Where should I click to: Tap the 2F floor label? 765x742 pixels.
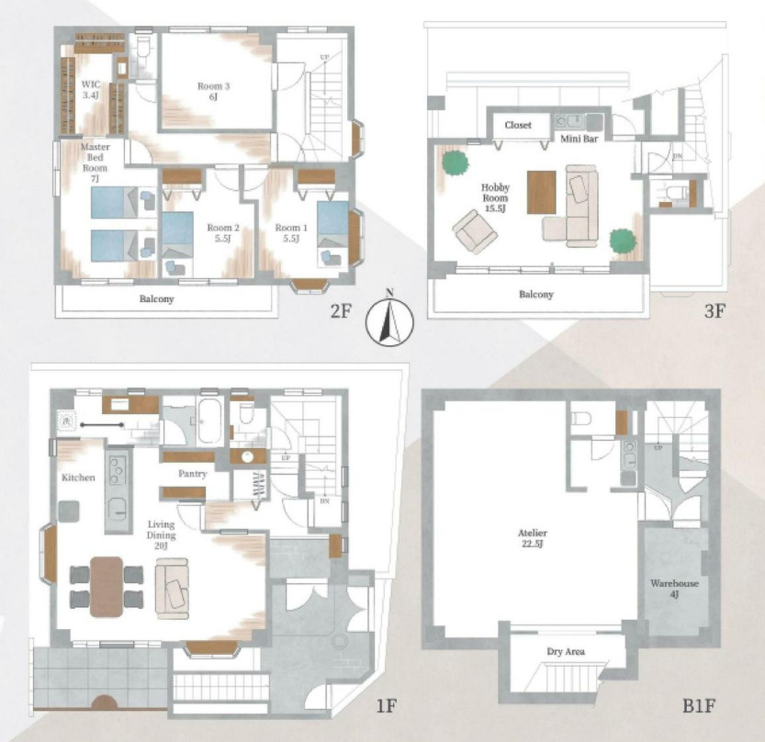click(341, 310)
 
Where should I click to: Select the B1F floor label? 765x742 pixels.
click(698, 705)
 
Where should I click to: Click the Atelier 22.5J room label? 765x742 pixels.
click(533, 538)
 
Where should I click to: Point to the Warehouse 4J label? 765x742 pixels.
click(674, 589)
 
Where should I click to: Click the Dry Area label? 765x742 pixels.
click(566, 651)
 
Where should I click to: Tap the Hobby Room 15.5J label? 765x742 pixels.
click(495, 197)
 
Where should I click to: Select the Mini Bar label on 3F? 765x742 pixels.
click(579, 139)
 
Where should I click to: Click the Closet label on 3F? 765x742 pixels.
click(518, 125)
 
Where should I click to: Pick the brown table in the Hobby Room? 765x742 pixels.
click(542, 192)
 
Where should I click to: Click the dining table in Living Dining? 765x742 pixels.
click(107, 587)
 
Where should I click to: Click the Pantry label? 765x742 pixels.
click(193, 474)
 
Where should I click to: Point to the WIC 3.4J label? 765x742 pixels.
click(91, 90)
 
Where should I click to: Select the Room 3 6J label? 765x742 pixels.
click(213, 91)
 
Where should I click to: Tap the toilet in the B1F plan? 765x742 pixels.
click(580, 419)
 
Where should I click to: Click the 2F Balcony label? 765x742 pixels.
click(157, 298)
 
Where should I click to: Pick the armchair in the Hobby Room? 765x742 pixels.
click(475, 231)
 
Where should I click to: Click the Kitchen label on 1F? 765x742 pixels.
click(78, 478)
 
